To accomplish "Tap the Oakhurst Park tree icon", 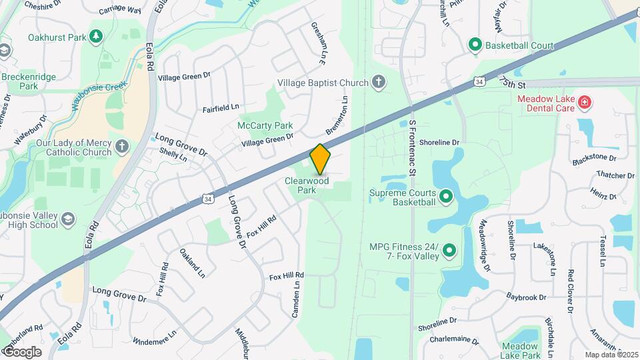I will pyautogui.click(x=97, y=35).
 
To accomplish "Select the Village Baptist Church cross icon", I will pyautogui.click(x=379, y=83).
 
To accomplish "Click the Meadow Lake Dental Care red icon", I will pyautogui.click(x=584, y=102).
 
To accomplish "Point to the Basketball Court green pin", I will pyautogui.click(x=475, y=45).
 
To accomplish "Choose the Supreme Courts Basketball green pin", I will pyautogui.click(x=445, y=196).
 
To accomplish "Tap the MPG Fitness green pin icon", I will pyautogui.click(x=449, y=251).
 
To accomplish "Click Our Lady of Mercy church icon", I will pyautogui.click(x=121, y=146).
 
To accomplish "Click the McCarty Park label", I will pyautogui.click(x=265, y=125).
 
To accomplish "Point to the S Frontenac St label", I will pyautogui.click(x=413, y=148).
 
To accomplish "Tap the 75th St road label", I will pyautogui.click(x=513, y=83).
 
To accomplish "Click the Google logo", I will pyautogui.click(x=21, y=351).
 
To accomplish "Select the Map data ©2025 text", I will pyautogui.click(x=611, y=355).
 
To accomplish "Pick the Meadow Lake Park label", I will pyautogui.click(x=521, y=351).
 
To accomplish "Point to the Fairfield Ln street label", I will pyautogui.click(x=221, y=107).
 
